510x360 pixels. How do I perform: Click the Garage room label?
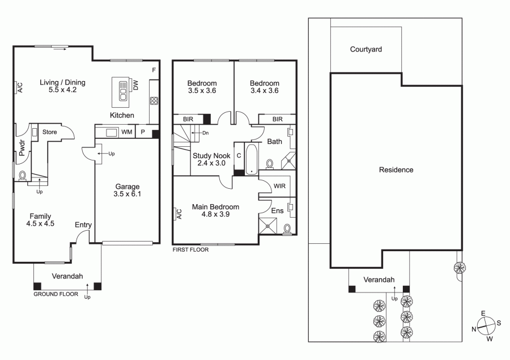[x=127, y=187]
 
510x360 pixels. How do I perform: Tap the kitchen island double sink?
[x=123, y=91]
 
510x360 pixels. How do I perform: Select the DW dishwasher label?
[x=135, y=85]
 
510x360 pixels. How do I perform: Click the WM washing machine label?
[x=127, y=132]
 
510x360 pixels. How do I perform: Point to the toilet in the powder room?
[x=23, y=175]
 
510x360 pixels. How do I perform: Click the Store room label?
[x=49, y=132]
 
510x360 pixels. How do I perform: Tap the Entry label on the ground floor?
[x=83, y=225]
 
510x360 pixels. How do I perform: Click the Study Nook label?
[x=211, y=155]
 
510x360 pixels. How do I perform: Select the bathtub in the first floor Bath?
[x=252, y=159]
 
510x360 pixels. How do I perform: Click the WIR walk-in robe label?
[x=280, y=186]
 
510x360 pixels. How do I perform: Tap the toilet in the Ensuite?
[x=287, y=229]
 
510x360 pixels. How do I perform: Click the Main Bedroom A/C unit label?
[x=179, y=214]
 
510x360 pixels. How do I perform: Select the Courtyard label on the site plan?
[x=366, y=49]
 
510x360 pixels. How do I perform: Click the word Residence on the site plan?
[x=396, y=170]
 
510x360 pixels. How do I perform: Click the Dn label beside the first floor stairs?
[x=206, y=133]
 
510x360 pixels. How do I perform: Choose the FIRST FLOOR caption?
[x=190, y=249]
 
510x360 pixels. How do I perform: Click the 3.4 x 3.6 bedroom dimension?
[x=265, y=91]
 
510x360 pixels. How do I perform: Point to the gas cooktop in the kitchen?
[x=154, y=100]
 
